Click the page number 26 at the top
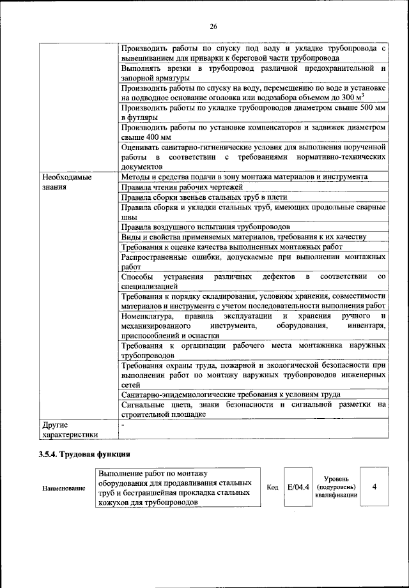(213, 26)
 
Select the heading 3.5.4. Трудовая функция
(83, 455)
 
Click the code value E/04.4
(298, 487)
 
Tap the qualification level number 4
(374, 487)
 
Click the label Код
(272, 487)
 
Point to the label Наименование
(64, 488)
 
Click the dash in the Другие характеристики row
(123, 423)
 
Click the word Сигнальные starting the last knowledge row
(140, 405)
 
